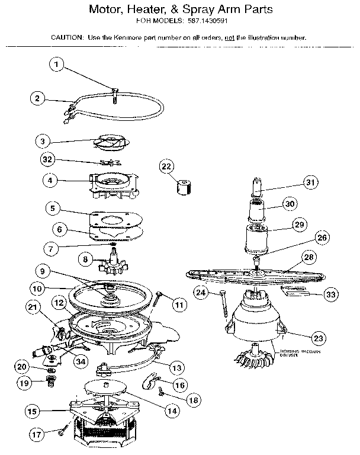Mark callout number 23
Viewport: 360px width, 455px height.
319,338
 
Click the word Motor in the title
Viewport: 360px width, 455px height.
105,10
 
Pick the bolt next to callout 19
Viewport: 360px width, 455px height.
49,382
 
